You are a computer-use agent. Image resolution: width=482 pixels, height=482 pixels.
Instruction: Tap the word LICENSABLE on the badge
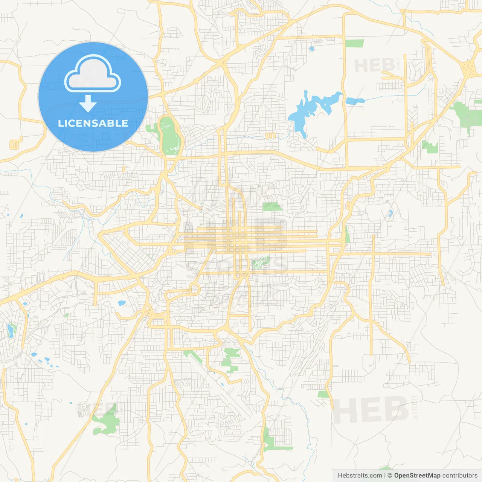coord(93,123)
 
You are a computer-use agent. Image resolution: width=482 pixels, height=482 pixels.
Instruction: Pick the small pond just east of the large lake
coord(354,101)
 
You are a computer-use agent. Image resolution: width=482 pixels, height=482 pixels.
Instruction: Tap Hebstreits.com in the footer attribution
coord(360,476)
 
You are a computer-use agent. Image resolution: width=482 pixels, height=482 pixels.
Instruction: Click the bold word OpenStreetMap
coord(417,476)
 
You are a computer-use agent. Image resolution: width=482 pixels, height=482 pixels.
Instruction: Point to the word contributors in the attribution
coord(460,476)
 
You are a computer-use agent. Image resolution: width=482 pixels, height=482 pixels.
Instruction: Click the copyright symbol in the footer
coord(390,476)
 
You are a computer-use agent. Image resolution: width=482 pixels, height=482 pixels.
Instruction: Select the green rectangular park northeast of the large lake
coord(354,43)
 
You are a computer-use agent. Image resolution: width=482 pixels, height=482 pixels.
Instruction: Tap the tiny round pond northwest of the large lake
coord(311,49)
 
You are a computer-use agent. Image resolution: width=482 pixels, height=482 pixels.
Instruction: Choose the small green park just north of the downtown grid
coord(272,206)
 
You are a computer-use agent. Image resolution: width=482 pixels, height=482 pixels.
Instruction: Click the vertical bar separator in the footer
coord(385,476)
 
